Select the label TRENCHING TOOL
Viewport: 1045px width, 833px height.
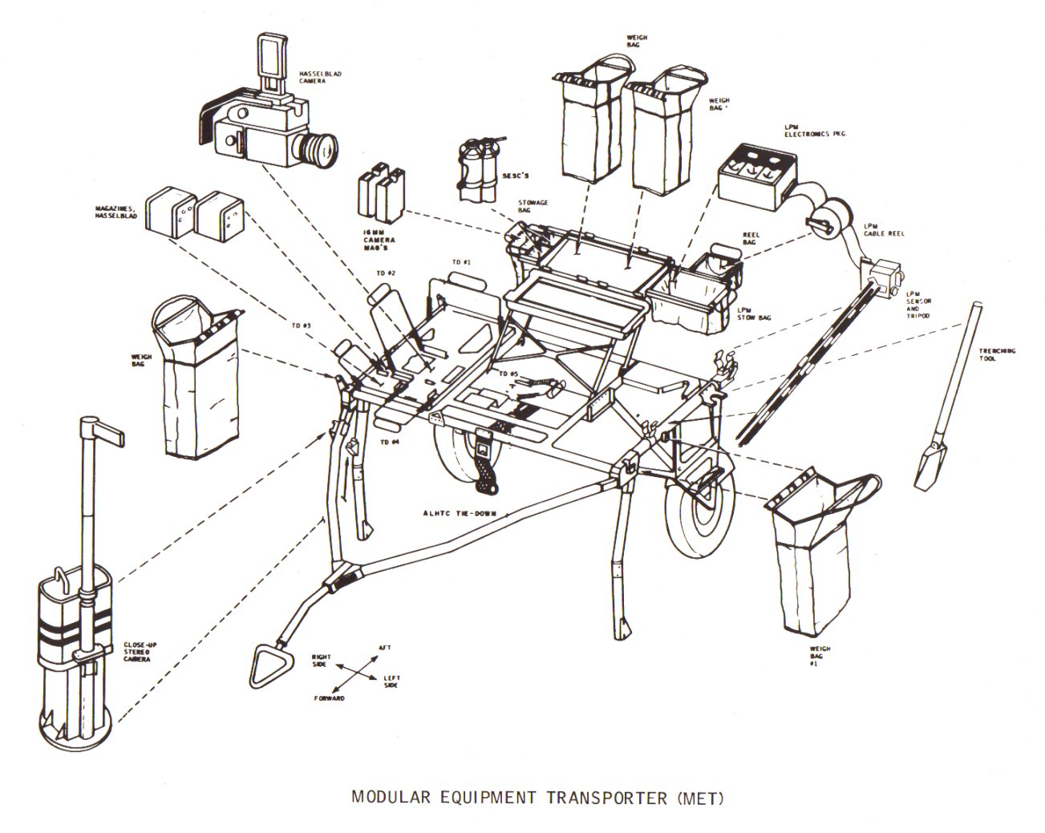[x=997, y=355]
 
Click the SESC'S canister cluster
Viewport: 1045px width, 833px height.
[x=476, y=171]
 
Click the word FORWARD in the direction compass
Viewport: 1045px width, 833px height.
[x=329, y=698]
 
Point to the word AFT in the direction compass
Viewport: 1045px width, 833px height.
[x=383, y=647]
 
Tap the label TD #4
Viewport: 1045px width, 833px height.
[x=390, y=442]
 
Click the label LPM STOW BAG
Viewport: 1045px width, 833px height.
[x=753, y=313]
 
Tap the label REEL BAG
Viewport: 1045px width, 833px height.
[x=751, y=239]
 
